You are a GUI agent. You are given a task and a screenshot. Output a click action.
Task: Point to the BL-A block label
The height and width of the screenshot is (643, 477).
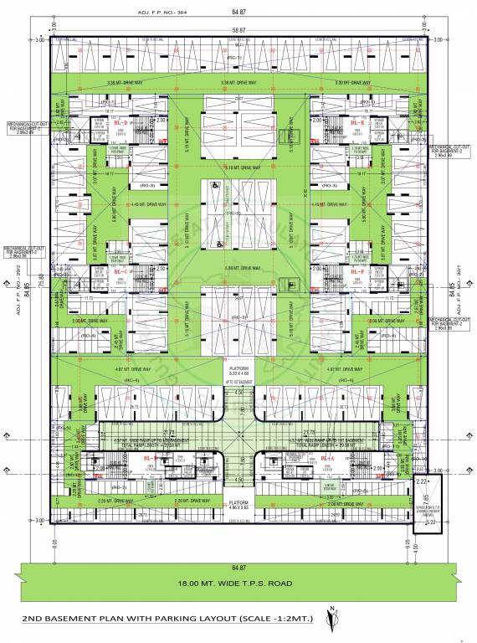[x=327, y=460]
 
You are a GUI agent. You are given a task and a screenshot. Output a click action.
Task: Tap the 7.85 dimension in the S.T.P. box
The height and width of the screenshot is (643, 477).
[x=418, y=502]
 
